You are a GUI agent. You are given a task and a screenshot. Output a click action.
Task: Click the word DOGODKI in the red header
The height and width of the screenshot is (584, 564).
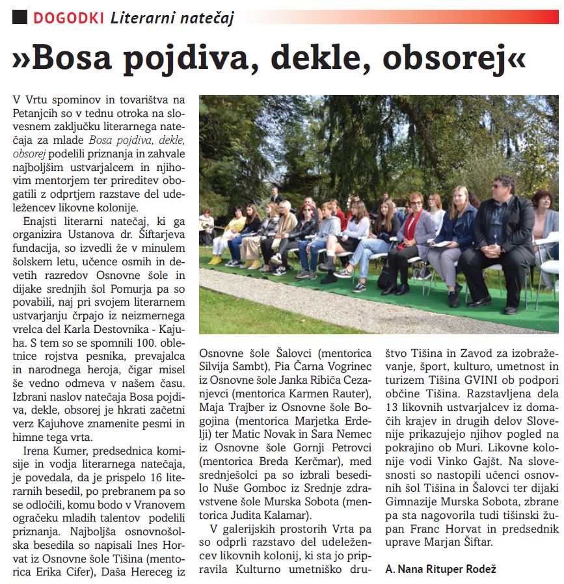[x=68, y=18]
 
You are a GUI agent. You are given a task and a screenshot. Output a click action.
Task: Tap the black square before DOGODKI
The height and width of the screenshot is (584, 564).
[x=20, y=18]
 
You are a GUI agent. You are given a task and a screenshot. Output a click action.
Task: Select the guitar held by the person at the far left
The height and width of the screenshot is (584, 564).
[x=207, y=226]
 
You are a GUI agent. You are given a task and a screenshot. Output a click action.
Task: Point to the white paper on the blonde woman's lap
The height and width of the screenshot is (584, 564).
[x=442, y=243]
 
